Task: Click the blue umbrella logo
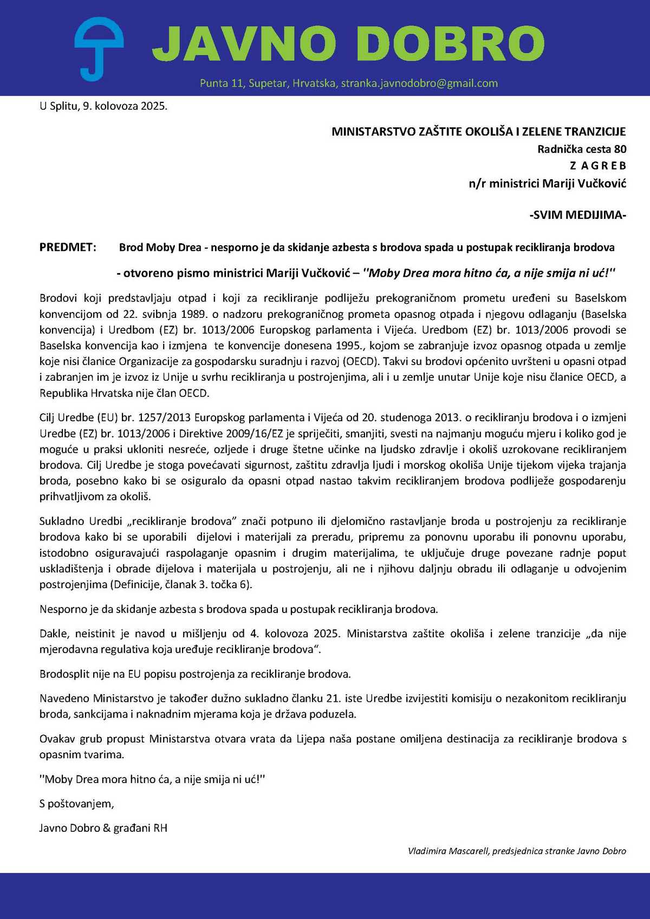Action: click(99, 48)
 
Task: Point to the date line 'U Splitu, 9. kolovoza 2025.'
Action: click(103, 106)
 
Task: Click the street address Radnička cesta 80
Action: click(581, 149)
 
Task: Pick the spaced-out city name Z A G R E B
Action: click(597, 166)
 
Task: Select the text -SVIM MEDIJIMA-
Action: click(577, 215)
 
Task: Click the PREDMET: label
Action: click(68, 247)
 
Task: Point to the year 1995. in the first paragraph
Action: click(350, 346)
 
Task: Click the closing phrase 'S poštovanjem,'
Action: click(76, 804)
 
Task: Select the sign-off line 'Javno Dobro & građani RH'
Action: click(103, 828)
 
